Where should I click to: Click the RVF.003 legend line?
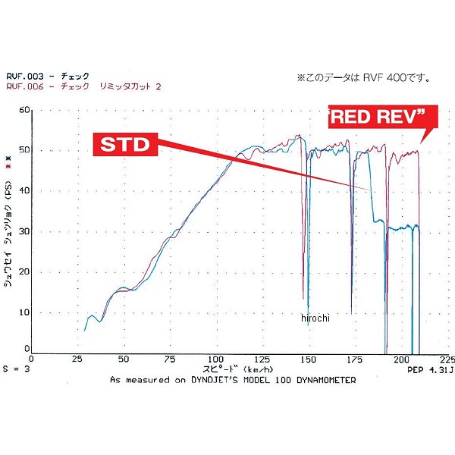48,76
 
